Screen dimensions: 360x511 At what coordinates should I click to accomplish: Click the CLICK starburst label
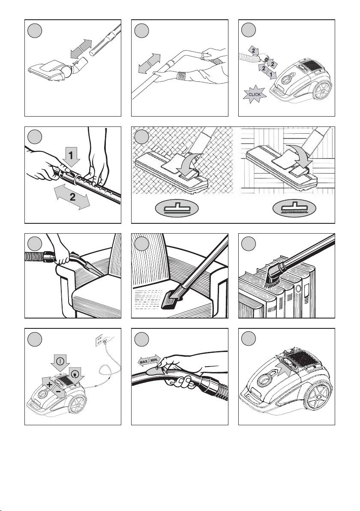(x=255, y=94)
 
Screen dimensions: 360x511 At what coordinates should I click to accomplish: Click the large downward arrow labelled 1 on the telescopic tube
(x=72, y=155)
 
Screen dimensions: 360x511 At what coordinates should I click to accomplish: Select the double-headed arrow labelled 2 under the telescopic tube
(x=72, y=196)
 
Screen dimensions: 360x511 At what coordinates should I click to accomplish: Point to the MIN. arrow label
(x=155, y=359)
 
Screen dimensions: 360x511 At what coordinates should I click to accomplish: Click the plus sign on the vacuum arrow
(x=49, y=385)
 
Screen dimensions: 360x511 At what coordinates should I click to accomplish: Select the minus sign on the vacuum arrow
(x=57, y=391)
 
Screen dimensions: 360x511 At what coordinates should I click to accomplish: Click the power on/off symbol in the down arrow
(x=60, y=361)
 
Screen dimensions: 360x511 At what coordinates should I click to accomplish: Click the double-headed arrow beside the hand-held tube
(x=149, y=63)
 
